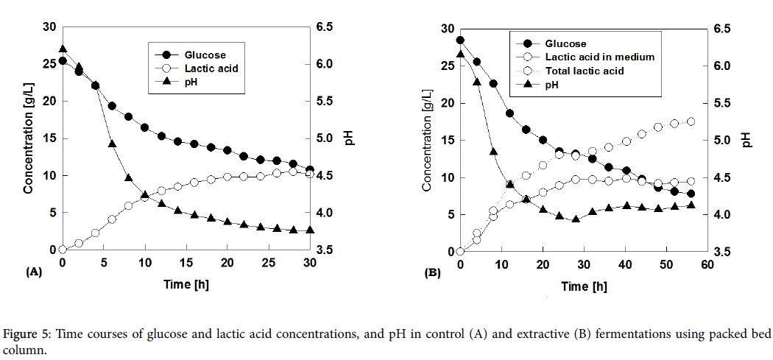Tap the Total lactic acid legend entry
click(x=584, y=71)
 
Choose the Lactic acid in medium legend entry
click(x=599, y=57)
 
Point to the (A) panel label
click(x=34, y=271)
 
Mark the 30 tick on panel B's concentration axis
click(x=447, y=29)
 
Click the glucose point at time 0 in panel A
click(x=63, y=61)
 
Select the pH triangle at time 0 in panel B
click(x=460, y=54)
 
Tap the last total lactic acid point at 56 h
click(x=691, y=121)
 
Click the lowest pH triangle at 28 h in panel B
click(x=576, y=219)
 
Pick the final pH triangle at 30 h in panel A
click(x=309, y=230)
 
